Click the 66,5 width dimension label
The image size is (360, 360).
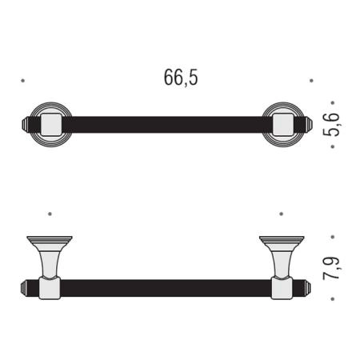click(x=181, y=78)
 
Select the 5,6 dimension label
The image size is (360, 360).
click(x=331, y=125)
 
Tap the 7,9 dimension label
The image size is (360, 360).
click(x=331, y=268)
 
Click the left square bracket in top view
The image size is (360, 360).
click(x=51, y=125)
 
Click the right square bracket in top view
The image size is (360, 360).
click(x=283, y=125)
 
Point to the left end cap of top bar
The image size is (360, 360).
click(x=25, y=125)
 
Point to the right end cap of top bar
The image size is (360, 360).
click(x=310, y=125)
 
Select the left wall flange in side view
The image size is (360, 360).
click(x=50, y=242)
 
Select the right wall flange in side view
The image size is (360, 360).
click(x=282, y=242)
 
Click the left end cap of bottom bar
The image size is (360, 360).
click(x=24, y=288)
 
